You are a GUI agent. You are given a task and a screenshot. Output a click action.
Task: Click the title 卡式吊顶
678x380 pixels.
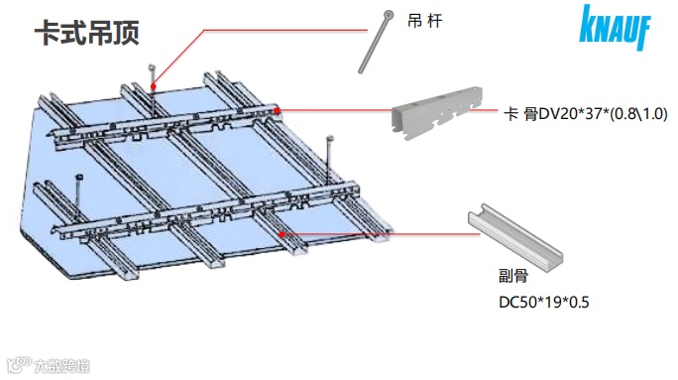point(87,33)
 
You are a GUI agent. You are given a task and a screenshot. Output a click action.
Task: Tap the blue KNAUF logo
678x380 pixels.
point(615,27)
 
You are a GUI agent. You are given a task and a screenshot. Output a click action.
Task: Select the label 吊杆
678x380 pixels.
point(424,21)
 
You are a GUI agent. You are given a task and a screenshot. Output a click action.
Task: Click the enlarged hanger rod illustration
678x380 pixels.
point(376,43)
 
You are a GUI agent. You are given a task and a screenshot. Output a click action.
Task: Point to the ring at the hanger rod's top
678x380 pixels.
point(390,16)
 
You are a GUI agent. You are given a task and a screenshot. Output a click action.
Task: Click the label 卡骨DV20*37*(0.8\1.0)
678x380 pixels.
point(586,114)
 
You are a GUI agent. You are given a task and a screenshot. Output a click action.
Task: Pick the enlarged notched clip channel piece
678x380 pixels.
point(437,112)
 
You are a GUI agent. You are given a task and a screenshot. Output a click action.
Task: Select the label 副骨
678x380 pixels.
point(513,275)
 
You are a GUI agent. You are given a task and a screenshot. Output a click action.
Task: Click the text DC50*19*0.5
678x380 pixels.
point(544,302)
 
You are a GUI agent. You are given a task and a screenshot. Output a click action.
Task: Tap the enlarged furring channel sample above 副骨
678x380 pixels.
point(515,237)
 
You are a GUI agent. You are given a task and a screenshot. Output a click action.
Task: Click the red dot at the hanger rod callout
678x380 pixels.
point(153,86)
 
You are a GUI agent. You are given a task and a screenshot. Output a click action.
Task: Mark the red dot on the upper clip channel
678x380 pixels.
point(277,110)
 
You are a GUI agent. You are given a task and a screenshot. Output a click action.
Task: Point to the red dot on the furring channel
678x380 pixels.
point(282,234)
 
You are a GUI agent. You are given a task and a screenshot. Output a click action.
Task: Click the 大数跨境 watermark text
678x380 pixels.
point(61,366)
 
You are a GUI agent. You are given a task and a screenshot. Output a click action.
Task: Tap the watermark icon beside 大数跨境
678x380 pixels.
point(20,365)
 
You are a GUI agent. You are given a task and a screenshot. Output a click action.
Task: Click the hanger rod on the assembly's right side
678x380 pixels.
point(329,160)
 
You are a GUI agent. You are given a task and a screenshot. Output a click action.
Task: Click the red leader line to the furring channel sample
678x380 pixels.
point(381,234)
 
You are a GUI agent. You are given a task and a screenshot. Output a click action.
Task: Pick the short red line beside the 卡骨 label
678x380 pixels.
point(484,110)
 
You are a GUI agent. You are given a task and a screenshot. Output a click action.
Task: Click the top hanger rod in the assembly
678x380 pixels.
point(153,90)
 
